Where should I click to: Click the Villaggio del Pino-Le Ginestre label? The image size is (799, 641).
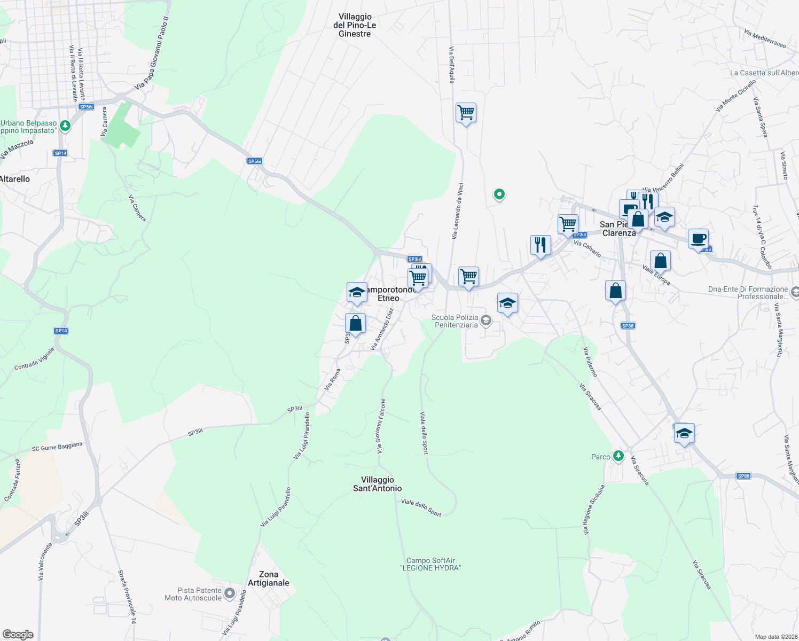[355, 25]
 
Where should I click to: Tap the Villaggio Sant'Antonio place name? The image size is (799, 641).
[378, 484]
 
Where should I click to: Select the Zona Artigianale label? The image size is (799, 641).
[269, 579]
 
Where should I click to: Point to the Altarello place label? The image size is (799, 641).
[15, 179]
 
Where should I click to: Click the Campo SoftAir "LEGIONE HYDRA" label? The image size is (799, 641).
[430, 564]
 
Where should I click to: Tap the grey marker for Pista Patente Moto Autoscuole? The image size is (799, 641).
[230, 593]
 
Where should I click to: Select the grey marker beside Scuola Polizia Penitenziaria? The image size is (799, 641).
[485, 320]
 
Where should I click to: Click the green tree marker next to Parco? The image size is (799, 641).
[618, 456]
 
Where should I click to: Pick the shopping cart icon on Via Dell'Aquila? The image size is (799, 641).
[466, 113]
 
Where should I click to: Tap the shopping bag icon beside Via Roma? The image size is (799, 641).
[355, 323]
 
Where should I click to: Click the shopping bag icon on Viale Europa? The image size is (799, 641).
[661, 261]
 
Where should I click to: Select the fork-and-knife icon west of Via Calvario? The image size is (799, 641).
[540, 245]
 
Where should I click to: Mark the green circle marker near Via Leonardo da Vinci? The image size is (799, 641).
[499, 194]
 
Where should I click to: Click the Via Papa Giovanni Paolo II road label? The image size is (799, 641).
[152, 53]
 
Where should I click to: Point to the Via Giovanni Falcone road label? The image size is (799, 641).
[381, 426]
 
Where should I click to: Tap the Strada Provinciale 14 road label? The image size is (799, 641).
[128, 597]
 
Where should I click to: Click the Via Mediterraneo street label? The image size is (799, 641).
[765, 38]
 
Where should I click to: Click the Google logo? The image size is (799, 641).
[18, 634]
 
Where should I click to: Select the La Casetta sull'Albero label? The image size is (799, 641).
[764, 73]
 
